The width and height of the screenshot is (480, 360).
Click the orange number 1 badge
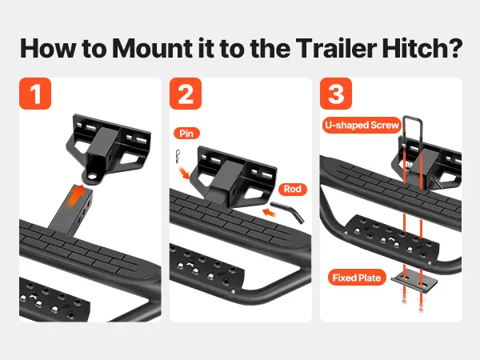point(35,94)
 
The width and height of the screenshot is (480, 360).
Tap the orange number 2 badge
point(186,94)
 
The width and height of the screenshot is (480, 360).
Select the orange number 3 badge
point(336,94)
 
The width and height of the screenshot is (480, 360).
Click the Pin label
point(186,134)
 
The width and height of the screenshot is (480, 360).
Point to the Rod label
point(292,189)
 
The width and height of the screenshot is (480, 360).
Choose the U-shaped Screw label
point(362,126)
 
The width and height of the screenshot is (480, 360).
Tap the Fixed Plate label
point(357,278)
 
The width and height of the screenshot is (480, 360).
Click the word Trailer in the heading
point(336,48)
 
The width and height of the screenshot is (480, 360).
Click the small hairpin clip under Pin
point(178,157)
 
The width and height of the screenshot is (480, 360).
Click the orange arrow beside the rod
point(269,212)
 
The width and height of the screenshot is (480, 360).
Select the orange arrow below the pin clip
point(184,173)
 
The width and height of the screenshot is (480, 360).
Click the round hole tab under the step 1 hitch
point(91,178)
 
